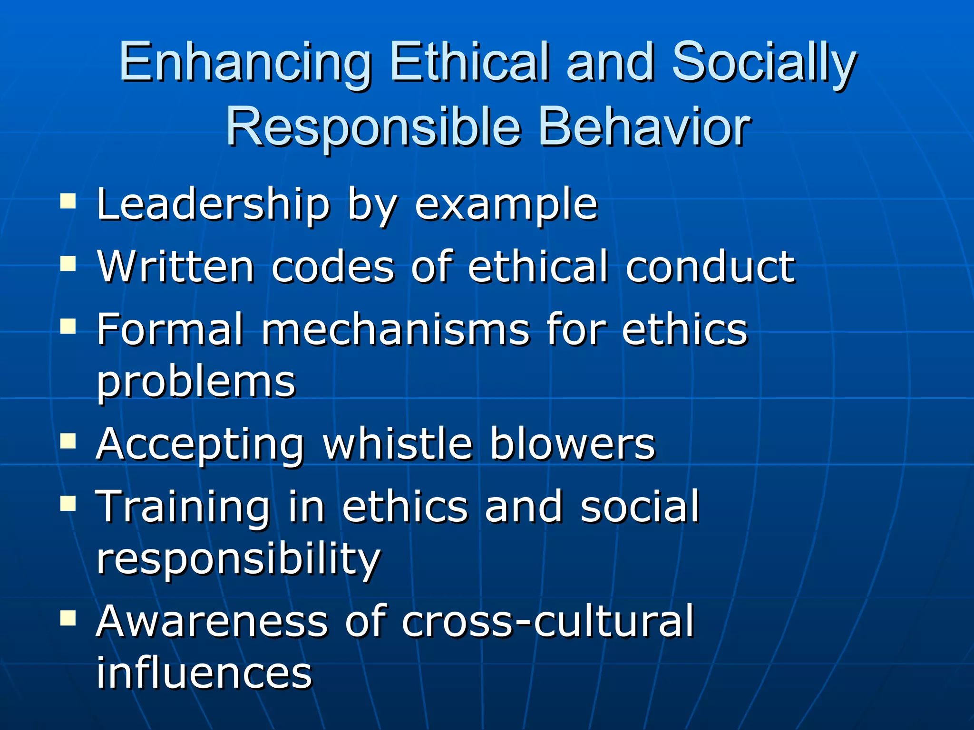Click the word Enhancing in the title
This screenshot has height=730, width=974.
(244, 64)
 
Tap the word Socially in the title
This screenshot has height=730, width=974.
(764, 64)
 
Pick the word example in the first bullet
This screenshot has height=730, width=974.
(506, 205)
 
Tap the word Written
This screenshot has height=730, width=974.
(175, 267)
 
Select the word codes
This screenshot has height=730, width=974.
(333, 267)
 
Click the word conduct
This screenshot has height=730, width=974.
(710, 267)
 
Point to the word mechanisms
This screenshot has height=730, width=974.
(395, 329)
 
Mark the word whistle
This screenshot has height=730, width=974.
(398, 443)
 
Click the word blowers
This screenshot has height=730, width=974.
(572, 443)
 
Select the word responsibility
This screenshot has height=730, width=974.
(238, 559)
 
